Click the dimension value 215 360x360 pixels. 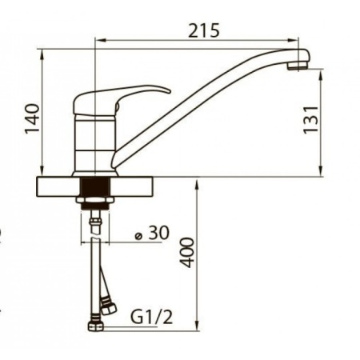(204, 30)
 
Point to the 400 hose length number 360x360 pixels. (186, 251)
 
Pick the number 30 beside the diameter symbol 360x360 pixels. (158, 233)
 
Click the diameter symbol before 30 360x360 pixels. (139, 234)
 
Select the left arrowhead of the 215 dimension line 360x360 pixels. (98, 39)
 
